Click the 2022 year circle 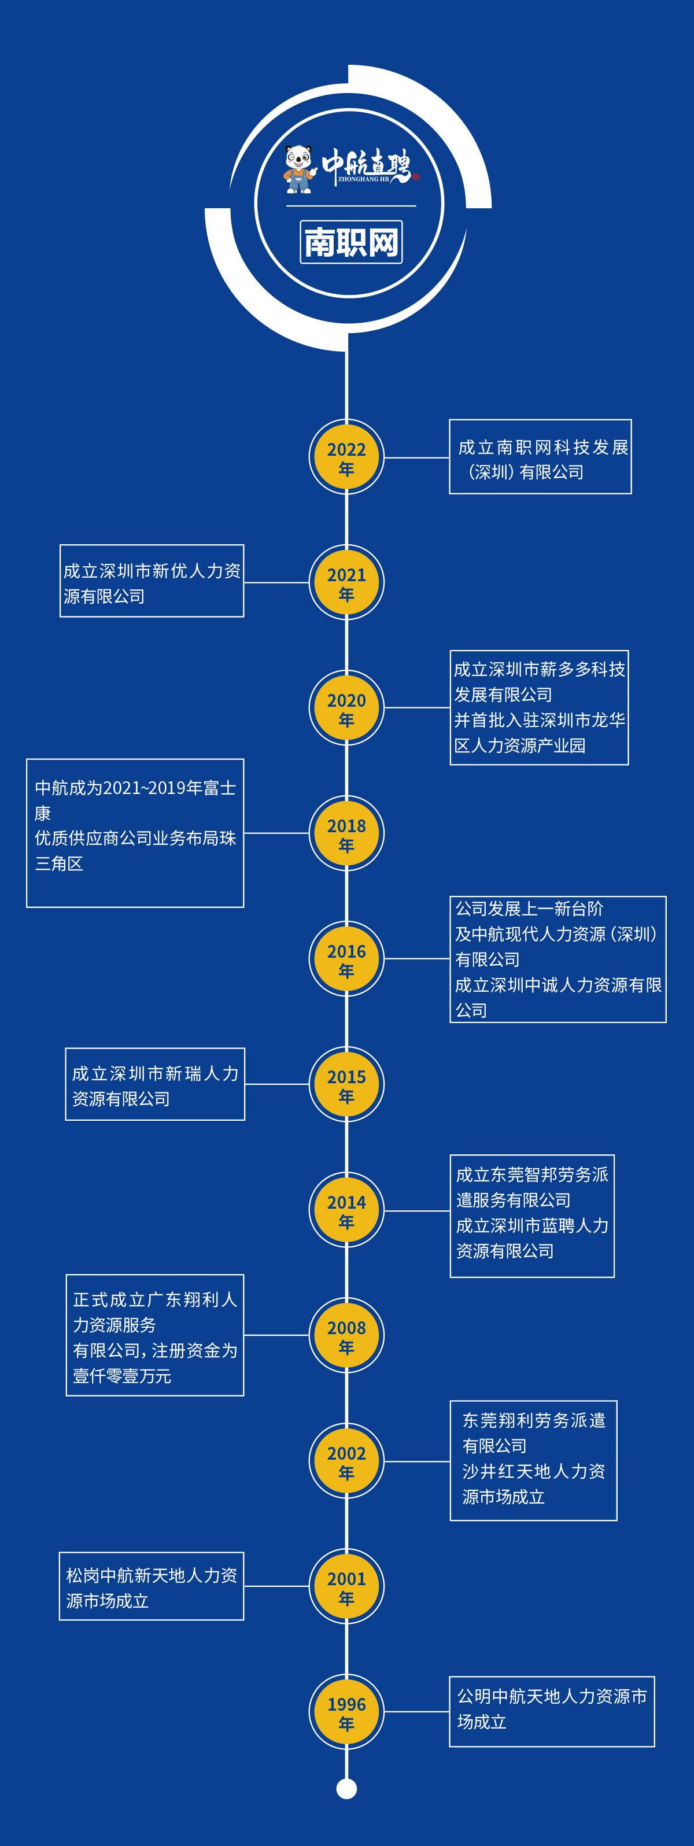[346, 457]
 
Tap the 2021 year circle [346, 582]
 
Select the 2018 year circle [346, 833]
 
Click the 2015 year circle [346, 1084]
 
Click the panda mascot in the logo [300, 169]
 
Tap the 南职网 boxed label [350, 242]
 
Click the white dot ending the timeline [346, 1789]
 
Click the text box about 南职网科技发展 [540, 457]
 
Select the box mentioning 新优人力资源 [152, 581]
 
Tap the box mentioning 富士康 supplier [135, 833]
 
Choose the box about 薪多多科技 [538, 707]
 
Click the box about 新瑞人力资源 [155, 1084]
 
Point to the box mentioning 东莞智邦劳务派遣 [532, 1216]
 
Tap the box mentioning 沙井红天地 [533, 1460]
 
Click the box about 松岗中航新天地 [152, 1586]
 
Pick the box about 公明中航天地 [551, 1711]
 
